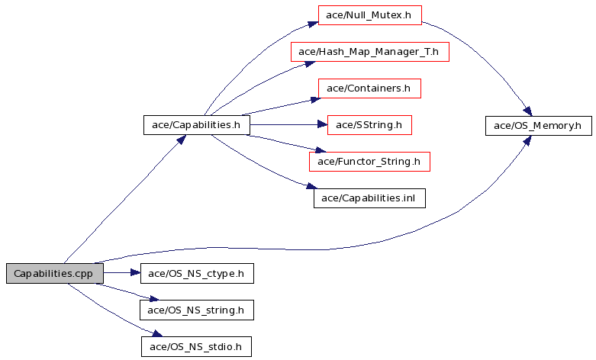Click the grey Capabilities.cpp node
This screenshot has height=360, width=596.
(55, 273)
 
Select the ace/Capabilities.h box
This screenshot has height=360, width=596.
(197, 125)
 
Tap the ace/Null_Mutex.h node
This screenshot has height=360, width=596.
(370, 15)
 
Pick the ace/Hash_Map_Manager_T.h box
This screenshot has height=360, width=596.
(370, 52)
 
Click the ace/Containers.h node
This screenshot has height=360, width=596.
(369, 88)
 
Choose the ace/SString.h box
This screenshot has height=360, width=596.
(369, 125)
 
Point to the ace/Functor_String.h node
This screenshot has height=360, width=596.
(369, 162)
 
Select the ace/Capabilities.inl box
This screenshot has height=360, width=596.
(369, 198)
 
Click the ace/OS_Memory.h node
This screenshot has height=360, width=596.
(539, 126)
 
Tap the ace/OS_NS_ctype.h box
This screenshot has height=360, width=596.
(197, 273)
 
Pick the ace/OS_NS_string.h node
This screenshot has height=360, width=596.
(197, 310)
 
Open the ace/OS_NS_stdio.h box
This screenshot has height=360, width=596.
(196, 347)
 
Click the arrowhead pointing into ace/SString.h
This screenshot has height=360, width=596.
(322, 124)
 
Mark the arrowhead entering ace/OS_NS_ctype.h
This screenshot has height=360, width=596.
(136, 272)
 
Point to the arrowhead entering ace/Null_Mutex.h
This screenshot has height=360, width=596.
(313, 24)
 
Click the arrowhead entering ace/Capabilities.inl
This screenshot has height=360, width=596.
(311, 186)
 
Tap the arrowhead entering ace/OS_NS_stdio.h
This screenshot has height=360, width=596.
(157, 333)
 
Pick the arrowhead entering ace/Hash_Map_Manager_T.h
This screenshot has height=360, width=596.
(310, 64)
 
